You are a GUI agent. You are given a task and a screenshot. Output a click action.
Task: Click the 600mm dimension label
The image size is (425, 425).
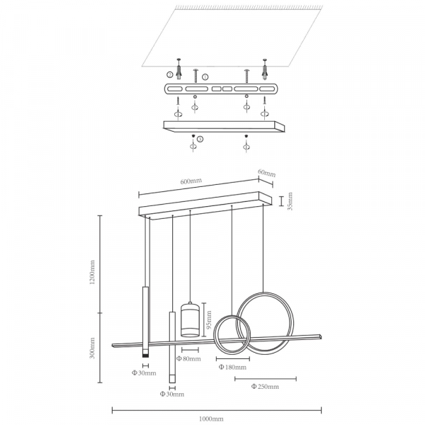pos(191,181)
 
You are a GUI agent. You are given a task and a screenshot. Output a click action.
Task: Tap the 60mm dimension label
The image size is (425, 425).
pos(267,173)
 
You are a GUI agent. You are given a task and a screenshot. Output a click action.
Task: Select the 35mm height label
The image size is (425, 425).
pos(290,201)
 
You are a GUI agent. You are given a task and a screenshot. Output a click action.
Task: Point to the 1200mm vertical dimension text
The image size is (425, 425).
pos(92,272)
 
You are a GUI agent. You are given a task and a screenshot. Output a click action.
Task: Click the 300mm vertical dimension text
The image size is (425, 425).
pos(92,348)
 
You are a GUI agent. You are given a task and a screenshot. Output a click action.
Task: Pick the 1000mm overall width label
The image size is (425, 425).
pos(211,419)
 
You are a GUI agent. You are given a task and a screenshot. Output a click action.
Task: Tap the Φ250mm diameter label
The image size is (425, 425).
pos(265,386)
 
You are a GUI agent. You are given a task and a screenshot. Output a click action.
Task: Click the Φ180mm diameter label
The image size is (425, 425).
pos(232,367)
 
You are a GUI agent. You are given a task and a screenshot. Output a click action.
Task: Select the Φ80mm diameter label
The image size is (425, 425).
pos(188,359)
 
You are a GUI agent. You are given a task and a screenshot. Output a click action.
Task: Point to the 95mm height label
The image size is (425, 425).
pos(209,320)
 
